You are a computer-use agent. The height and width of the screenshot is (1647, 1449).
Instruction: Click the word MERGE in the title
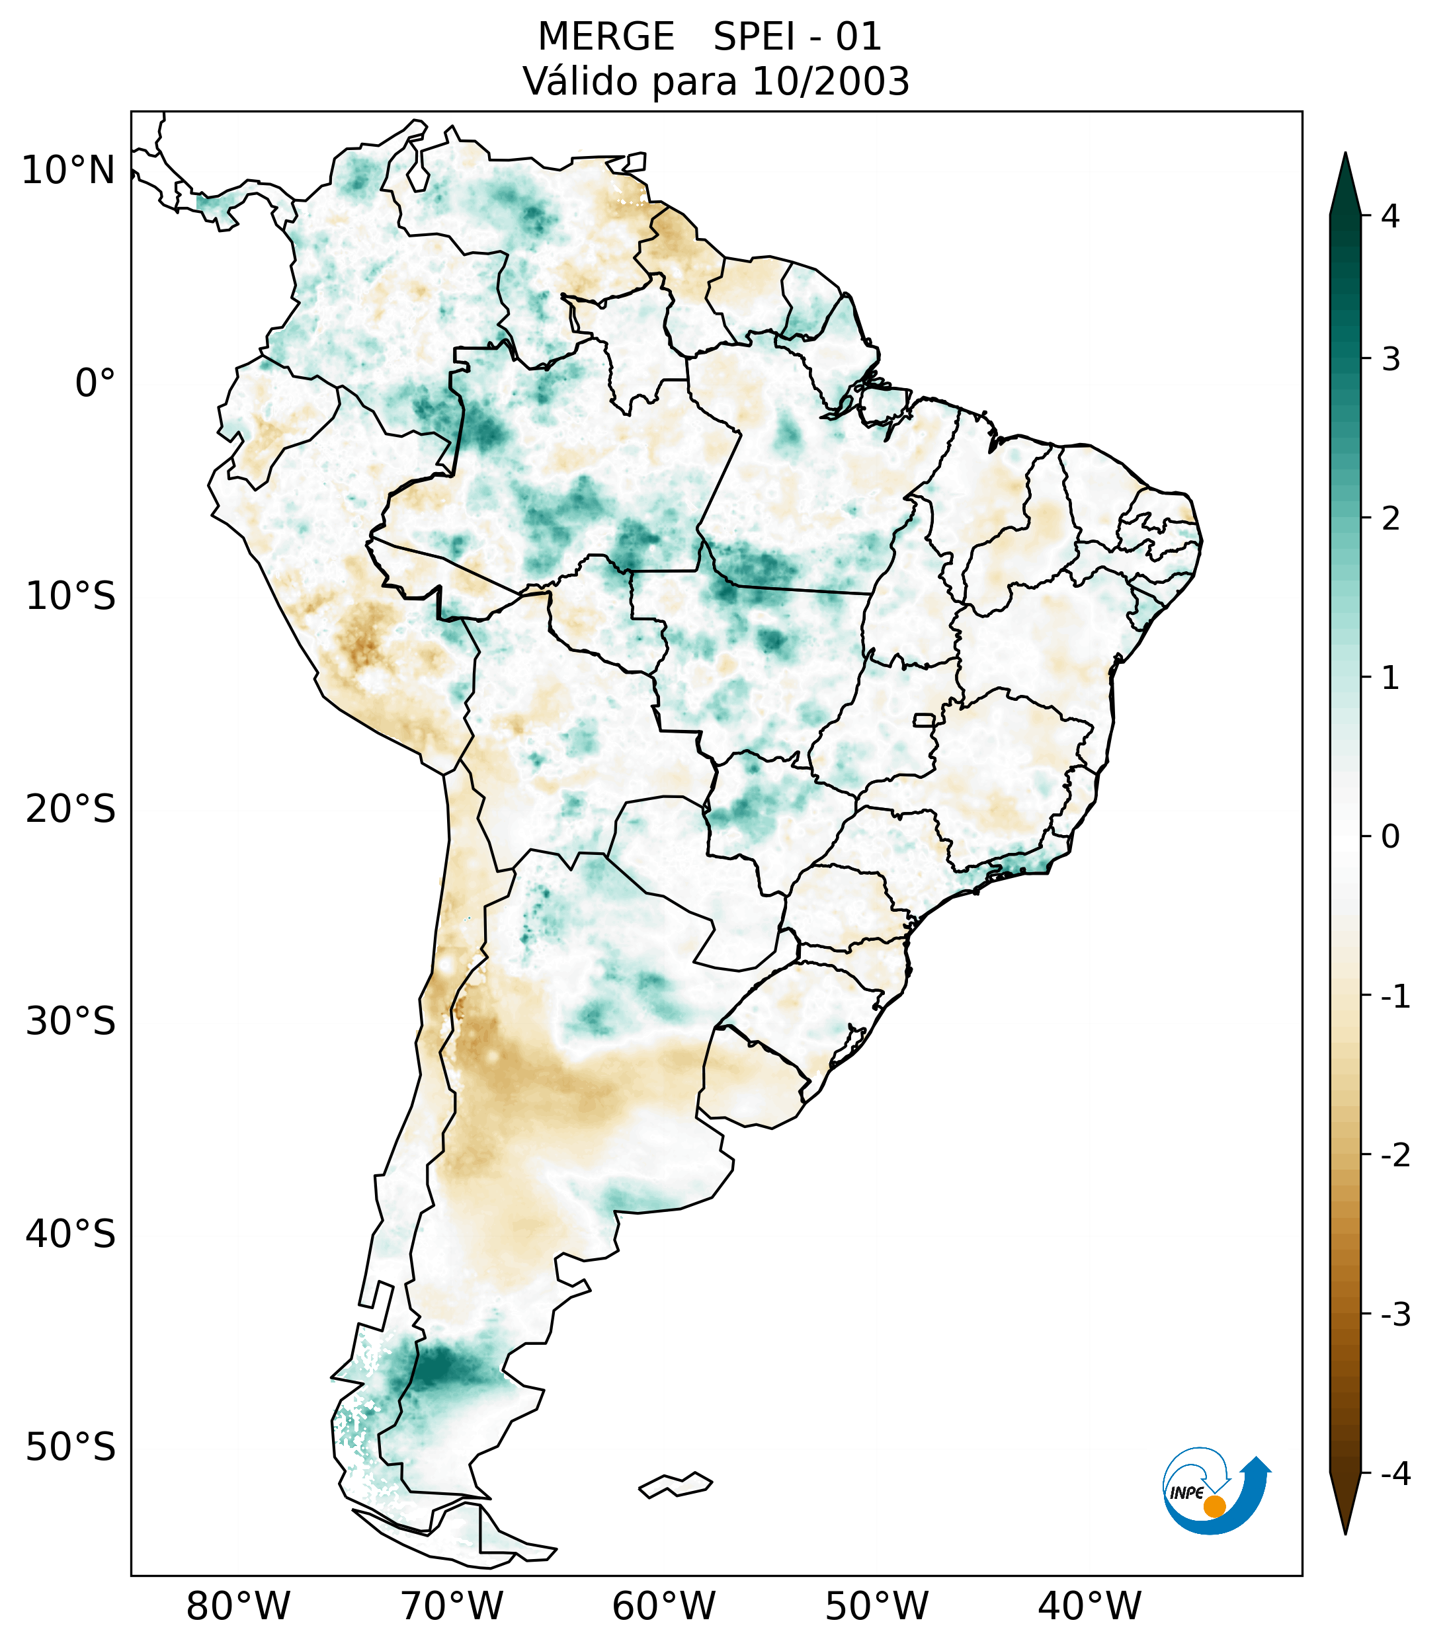tap(605, 37)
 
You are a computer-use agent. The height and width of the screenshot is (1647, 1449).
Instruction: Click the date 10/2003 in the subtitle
tap(831, 81)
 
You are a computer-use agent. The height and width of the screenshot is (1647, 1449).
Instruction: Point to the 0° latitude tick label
tap(95, 383)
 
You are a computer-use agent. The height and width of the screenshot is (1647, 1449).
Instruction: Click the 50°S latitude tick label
tap(71, 1448)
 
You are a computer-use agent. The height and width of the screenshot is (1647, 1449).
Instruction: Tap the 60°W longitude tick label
tap(663, 1606)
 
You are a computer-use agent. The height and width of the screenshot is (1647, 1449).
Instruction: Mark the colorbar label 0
tap(1390, 837)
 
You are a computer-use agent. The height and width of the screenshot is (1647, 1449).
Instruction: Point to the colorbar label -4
tap(1395, 1474)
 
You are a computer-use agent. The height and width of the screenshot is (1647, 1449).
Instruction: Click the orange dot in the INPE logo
tap(1214, 1506)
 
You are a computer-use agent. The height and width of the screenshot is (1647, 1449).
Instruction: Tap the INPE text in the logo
tap(1186, 1493)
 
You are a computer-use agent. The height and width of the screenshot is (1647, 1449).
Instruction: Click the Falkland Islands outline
tap(675, 1484)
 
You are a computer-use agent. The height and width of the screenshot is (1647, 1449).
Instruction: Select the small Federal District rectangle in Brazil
tap(925, 719)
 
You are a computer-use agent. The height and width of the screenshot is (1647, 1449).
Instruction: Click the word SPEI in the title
tap(753, 37)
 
